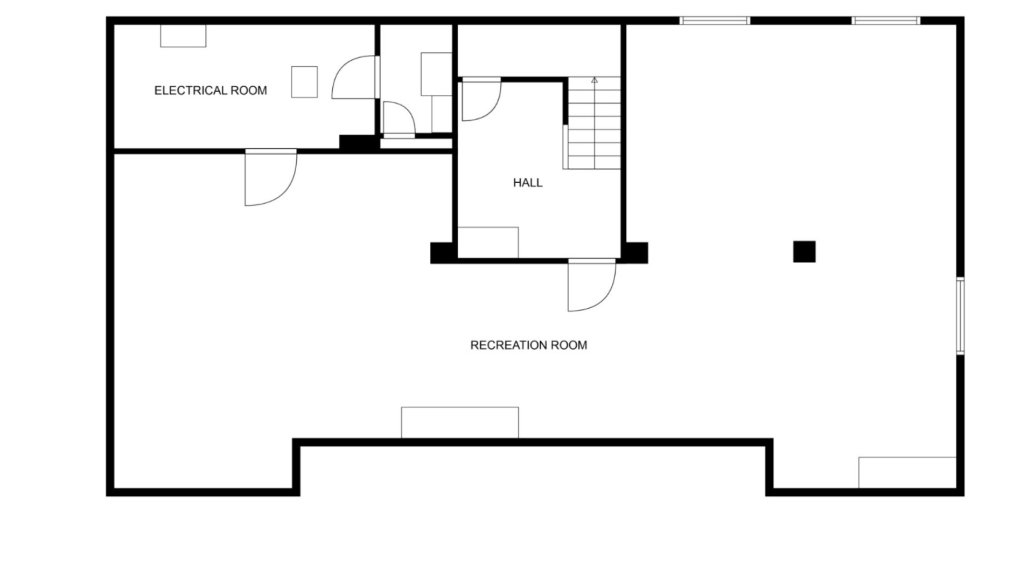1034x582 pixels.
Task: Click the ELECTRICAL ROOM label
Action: pyautogui.click(x=211, y=91)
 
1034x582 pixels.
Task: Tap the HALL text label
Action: pyautogui.click(x=528, y=183)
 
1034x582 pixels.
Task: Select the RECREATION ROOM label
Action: pyautogui.click(x=528, y=345)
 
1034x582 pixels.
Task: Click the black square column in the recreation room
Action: pyautogui.click(x=804, y=252)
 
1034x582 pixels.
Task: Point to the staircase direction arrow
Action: pyautogui.click(x=595, y=80)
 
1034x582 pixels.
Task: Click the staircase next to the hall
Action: pyautogui.click(x=594, y=123)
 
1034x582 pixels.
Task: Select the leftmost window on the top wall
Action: pyautogui.click(x=714, y=21)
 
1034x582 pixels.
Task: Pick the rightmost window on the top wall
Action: pyautogui.click(x=886, y=21)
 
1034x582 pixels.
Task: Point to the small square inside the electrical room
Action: pyautogui.click(x=304, y=82)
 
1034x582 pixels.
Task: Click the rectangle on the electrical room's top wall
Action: pyautogui.click(x=183, y=36)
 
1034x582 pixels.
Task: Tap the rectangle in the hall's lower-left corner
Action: pyautogui.click(x=488, y=242)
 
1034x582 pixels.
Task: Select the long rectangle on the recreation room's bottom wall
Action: pyautogui.click(x=460, y=422)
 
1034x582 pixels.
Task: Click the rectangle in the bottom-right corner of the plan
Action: pyautogui.click(x=907, y=473)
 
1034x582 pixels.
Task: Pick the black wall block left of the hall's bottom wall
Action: pyautogui.click(x=443, y=253)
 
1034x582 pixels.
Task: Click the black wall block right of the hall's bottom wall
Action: pyautogui.click(x=636, y=253)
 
